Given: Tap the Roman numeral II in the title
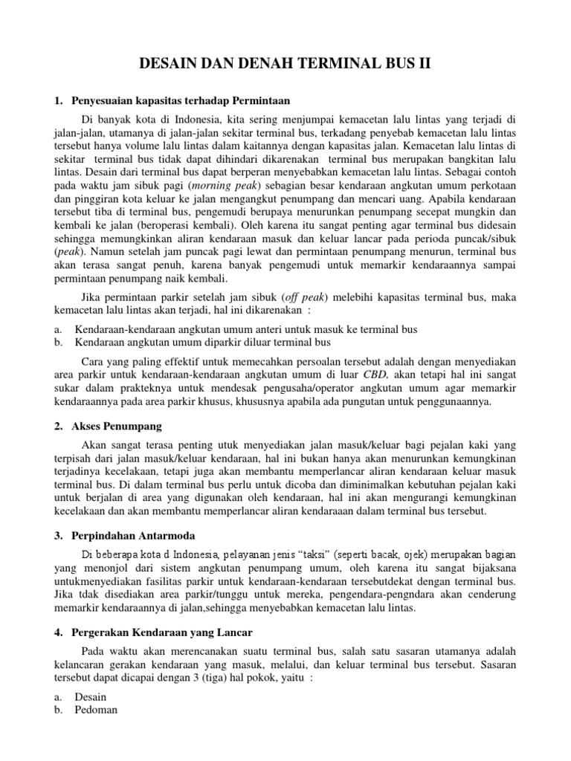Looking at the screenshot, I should (x=422, y=66).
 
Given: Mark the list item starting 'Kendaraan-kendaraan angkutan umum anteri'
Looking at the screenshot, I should (x=246, y=329).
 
